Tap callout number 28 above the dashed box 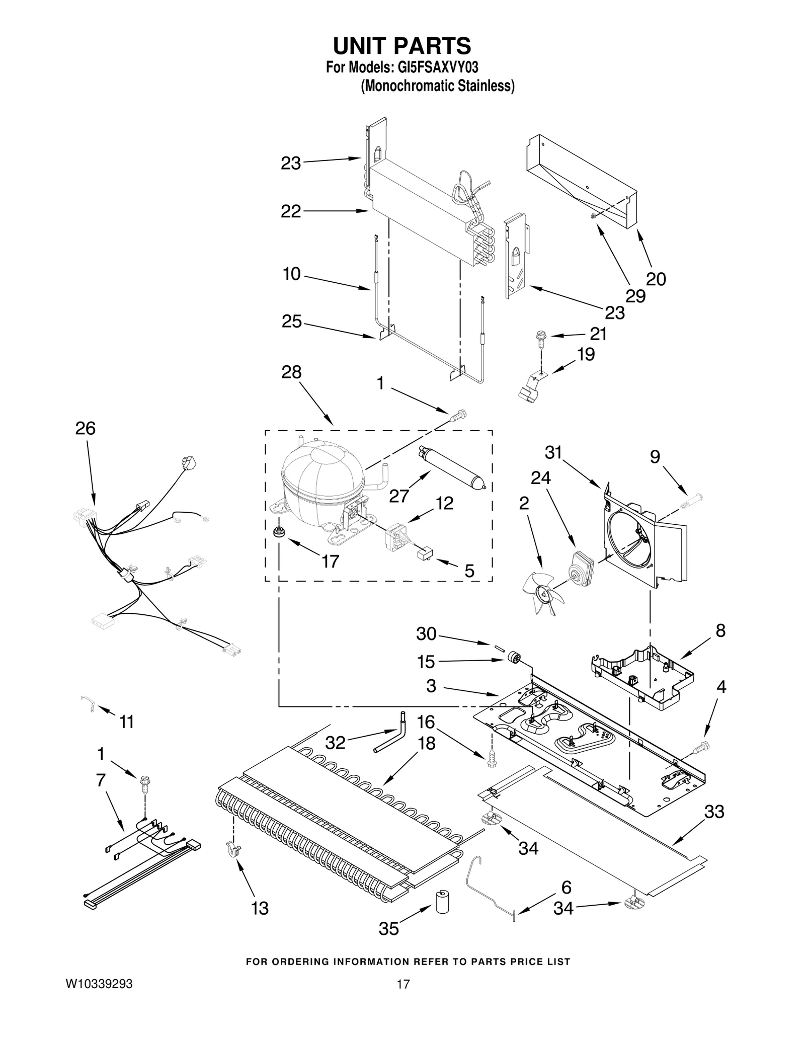tap(292, 372)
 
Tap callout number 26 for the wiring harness tap(86, 429)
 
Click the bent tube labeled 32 tap(392, 740)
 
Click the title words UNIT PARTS tap(402, 46)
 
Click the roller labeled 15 tap(514, 658)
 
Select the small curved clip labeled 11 tap(88, 703)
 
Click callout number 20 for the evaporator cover tap(656, 279)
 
